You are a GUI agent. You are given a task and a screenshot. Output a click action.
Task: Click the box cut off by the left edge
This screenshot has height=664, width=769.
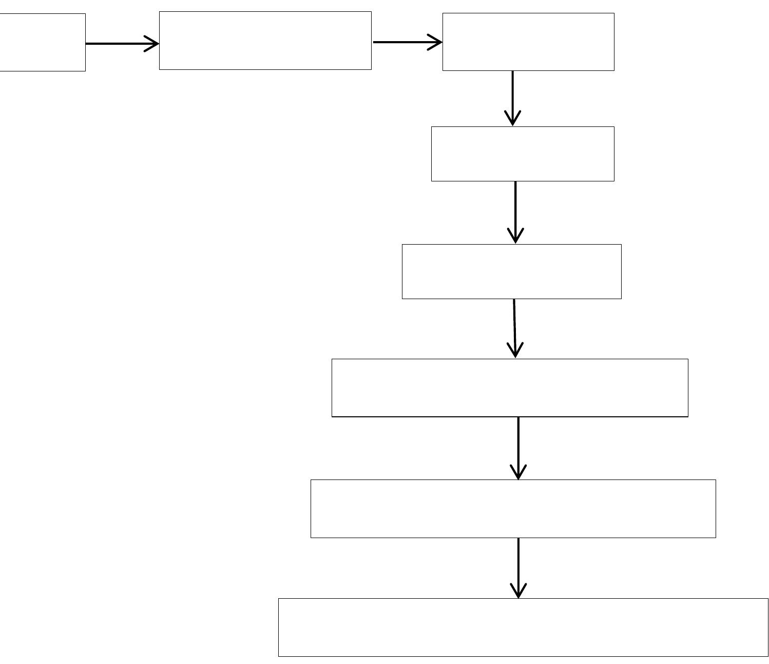(42, 42)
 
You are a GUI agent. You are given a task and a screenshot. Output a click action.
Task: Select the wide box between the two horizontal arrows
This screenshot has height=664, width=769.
(265, 41)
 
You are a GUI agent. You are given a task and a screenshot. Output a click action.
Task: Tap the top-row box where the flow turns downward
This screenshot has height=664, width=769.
(528, 42)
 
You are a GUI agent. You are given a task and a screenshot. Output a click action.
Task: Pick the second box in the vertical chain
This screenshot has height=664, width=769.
(523, 154)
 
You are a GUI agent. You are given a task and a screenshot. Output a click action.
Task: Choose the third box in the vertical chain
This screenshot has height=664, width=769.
(511, 271)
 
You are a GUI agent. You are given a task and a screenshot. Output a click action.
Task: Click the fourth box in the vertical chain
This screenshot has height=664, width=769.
(510, 388)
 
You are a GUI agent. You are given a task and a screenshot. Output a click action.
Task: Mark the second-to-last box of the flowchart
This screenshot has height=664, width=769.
(513, 509)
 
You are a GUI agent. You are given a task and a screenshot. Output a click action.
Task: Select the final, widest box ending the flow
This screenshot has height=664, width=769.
(523, 627)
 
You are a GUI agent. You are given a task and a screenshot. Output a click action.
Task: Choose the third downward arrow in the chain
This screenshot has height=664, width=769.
(515, 327)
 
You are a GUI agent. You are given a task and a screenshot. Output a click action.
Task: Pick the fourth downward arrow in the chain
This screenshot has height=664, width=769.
(518, 447)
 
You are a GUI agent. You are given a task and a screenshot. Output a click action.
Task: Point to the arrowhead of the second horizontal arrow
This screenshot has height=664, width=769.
(436, 42)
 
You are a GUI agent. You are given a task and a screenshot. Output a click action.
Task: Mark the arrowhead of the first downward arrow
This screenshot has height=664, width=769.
(513, 119)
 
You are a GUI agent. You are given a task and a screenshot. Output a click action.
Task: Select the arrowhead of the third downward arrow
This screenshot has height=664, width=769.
(515, 351)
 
